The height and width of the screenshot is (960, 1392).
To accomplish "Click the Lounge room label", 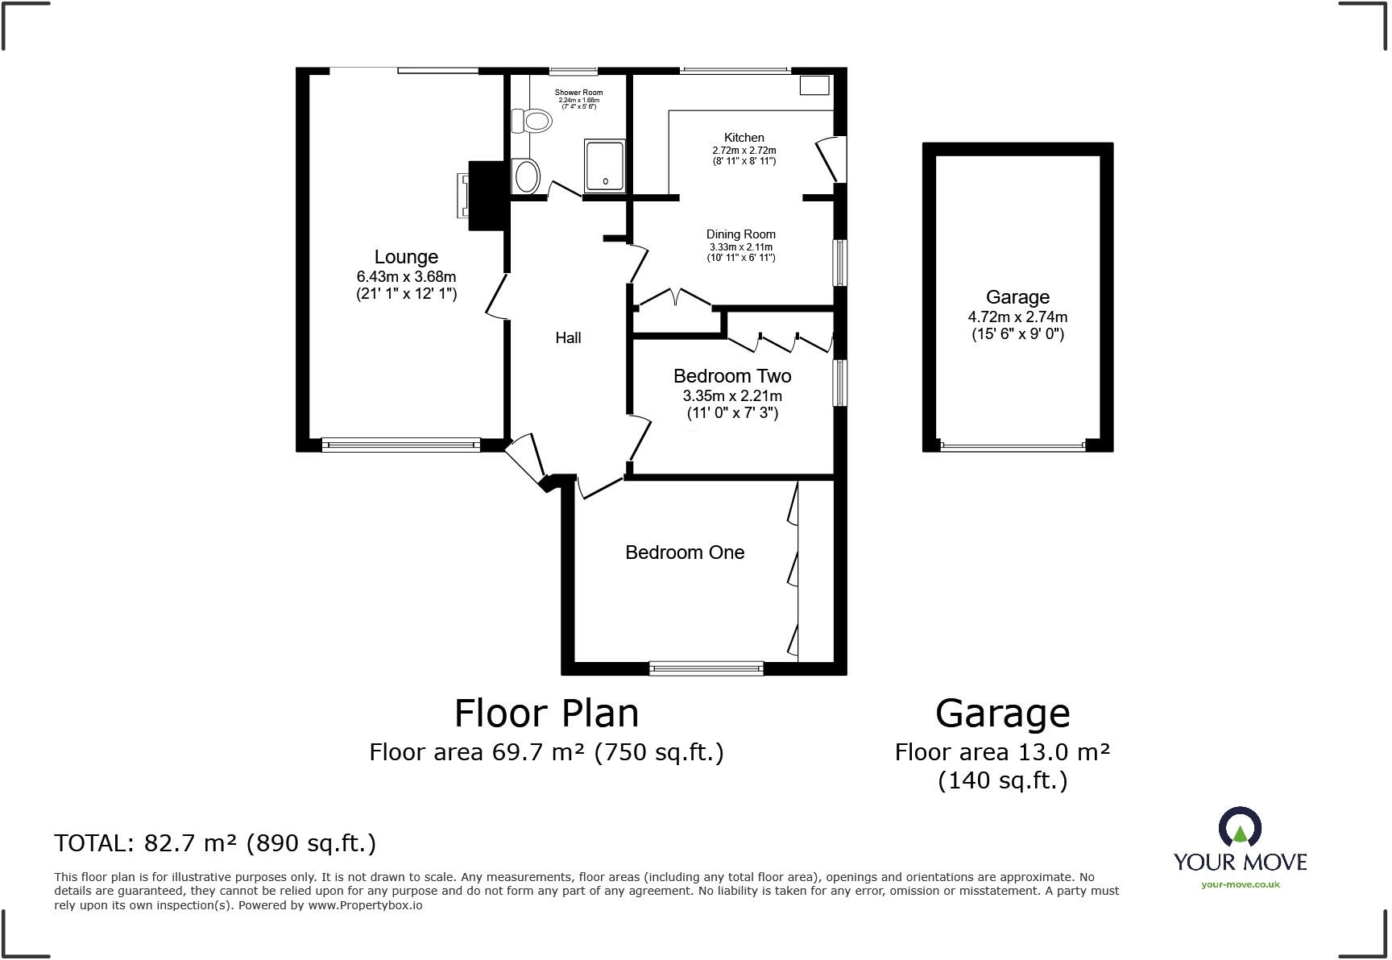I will [406, 257].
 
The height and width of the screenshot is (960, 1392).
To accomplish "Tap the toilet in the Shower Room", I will [532, 122].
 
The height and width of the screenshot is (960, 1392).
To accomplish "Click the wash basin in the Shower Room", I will [526, 176].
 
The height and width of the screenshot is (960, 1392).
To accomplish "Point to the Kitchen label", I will [744, 138].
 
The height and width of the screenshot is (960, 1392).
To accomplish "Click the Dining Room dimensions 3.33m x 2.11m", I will [740, 247].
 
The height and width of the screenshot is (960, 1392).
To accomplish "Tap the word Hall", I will [568, 338].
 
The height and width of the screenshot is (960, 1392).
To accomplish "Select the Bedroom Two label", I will [732, 376].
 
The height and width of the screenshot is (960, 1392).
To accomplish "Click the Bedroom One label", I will [685, 552].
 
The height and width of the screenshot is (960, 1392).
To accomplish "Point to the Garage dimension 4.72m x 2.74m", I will [1017, 317].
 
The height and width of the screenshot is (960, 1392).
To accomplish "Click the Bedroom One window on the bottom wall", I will [706, 668].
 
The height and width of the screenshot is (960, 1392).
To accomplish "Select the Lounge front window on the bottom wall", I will [400, 445].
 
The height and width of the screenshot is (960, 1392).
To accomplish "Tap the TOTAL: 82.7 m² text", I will [215, 843].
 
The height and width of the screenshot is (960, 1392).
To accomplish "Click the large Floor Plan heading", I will [546, 714].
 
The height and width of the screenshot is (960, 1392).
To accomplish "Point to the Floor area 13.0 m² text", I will [1002, 752].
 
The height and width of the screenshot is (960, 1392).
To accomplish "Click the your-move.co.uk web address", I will [1240, 884].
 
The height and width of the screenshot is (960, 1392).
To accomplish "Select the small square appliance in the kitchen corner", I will [814, 85].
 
